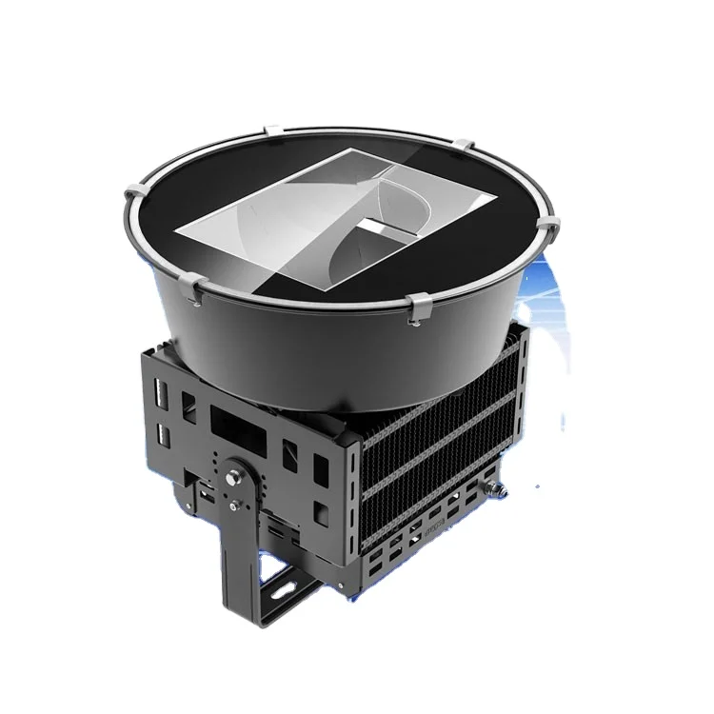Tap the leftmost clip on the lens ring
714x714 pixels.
pyautogui.click(x=131, y=197)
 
